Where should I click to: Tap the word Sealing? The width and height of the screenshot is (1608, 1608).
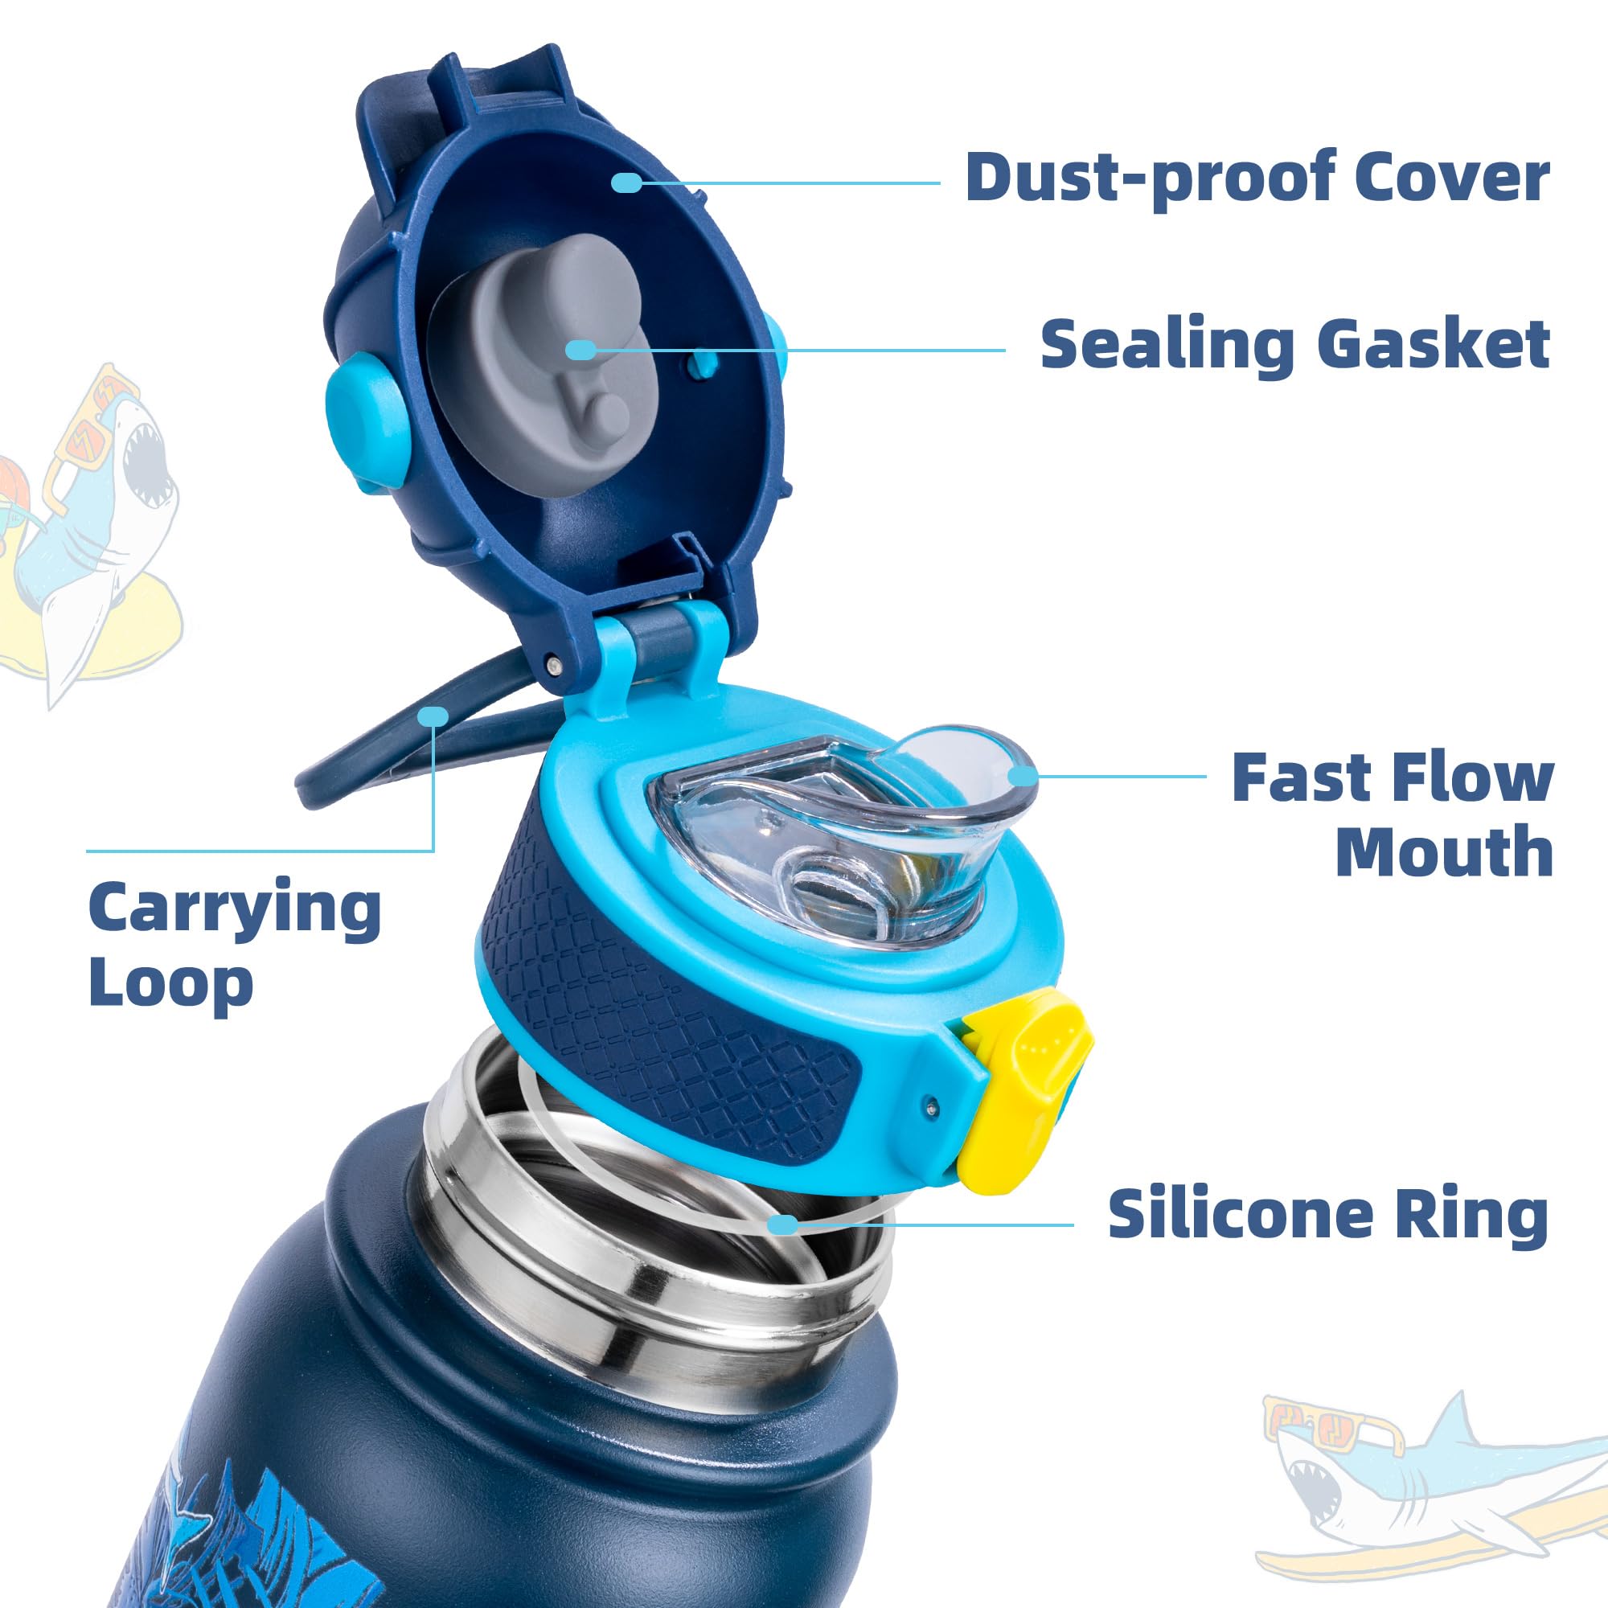[1167, 345]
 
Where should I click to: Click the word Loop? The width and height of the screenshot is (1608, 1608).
[170, 984]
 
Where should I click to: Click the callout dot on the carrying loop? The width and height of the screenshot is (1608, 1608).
[433, 716]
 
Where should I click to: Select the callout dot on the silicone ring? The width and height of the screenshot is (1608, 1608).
[782, 1224]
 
